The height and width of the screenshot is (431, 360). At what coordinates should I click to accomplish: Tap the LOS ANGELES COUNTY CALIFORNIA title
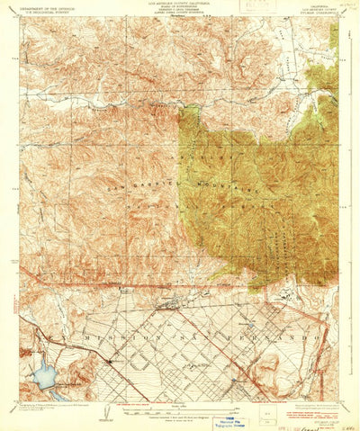(x=180, y=4)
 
